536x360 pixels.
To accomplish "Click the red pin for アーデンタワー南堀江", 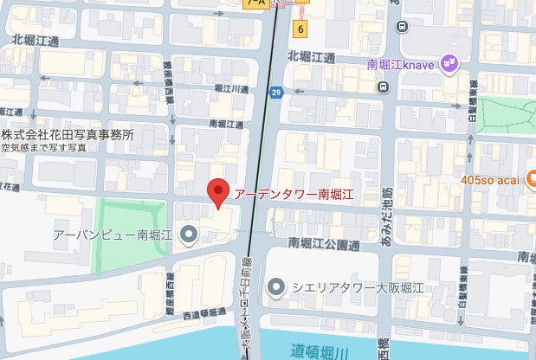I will pyautogui.click(x=219, y=191).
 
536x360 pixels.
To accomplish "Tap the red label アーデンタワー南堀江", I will pyautogui.click(x=294, y=193).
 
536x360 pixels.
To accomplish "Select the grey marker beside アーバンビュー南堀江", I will pyautogui.click(x=188, y=234).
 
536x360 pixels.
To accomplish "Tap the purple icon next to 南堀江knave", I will pyautogui.click(x=449, y=63).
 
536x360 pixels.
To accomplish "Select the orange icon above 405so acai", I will pyautogui.click(x=527, y=164).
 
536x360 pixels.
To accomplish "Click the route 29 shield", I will pyautogui.click(x=275, y=93).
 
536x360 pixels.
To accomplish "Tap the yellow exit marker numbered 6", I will pyautogui.click(x=300, y=29).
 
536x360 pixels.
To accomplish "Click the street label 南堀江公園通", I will pyautogui.click(x=325, y=244).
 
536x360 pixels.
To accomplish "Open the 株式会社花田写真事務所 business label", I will pyautogui.click(x=68, y=135).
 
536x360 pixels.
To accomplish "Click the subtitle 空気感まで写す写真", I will pyautogui.click(x=44, y=148).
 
